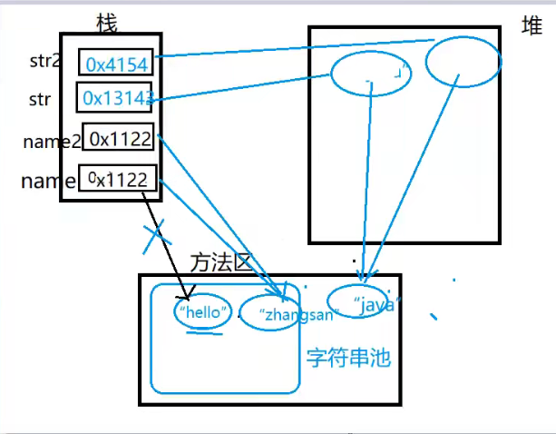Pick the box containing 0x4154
[116, 63]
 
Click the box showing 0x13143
[115, 97]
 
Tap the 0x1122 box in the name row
[118, 179]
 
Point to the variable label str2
[44, 63]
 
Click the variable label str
[40, 98]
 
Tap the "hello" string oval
[203, 311]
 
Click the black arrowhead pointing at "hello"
[188, 295]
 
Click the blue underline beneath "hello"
[203, 331]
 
